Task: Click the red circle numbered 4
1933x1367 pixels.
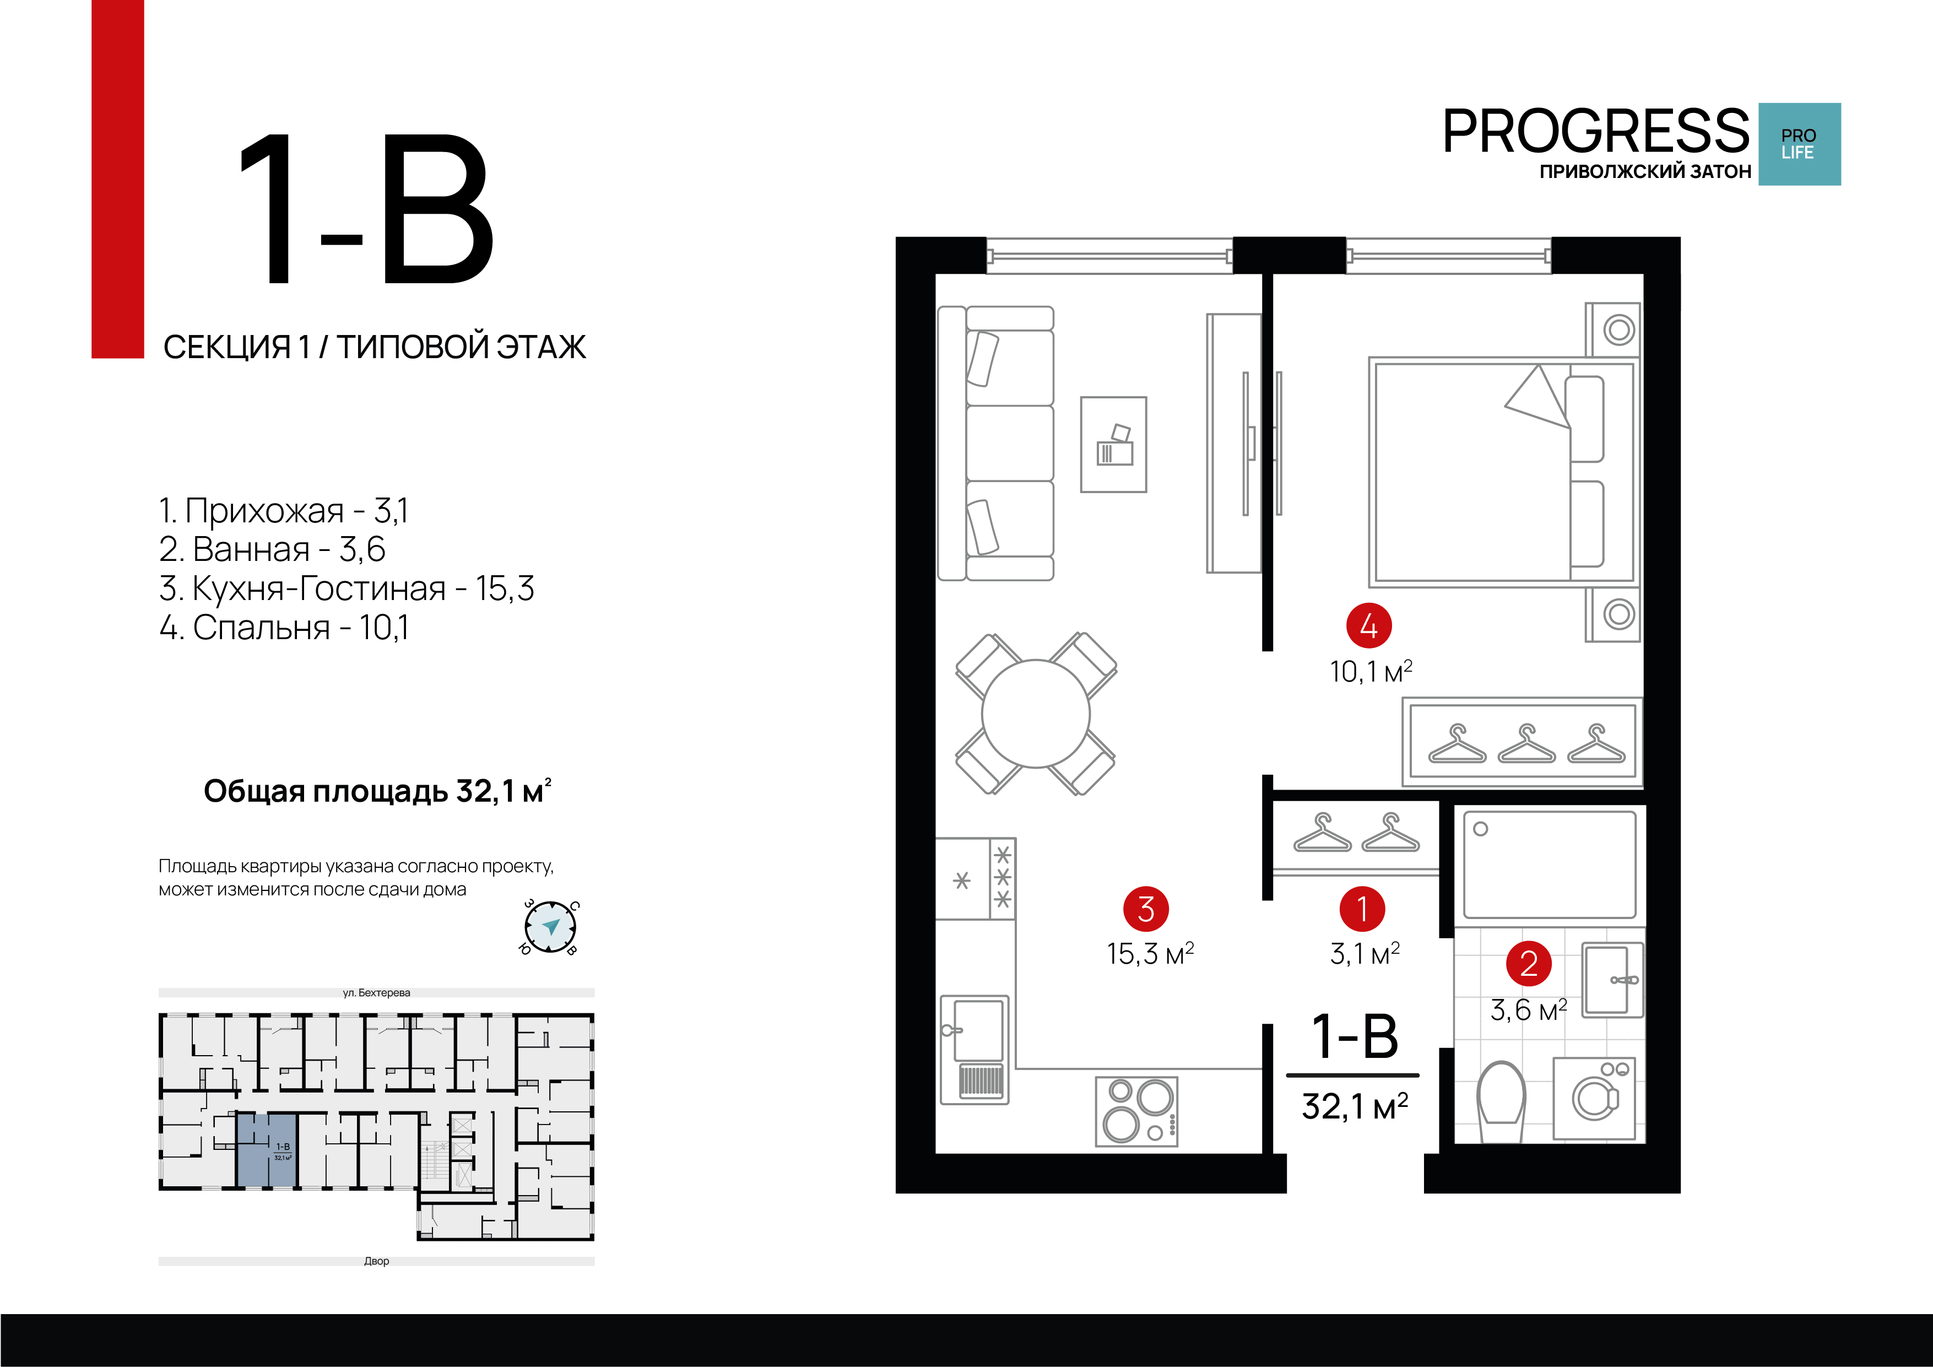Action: tap(1368, 626)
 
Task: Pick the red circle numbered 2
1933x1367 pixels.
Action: tap(1528, 964)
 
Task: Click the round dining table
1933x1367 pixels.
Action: tap(1036, 714)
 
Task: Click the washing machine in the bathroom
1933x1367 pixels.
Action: tap(1594, 1098)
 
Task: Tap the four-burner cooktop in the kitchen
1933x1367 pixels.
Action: tap(1136, 1111)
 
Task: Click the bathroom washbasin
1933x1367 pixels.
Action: tap(1612, 980)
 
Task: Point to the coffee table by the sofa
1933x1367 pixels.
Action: tap(1113, 445)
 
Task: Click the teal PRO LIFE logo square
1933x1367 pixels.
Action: tap(1799, 144)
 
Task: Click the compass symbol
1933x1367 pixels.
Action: tap(550, 927)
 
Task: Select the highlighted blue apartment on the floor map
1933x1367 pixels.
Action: tap(267, 1150)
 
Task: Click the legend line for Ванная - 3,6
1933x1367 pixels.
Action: tap(272, 549)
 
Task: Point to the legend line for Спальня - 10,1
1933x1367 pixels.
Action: tap(284, 628)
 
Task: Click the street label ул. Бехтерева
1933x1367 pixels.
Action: tap(376, 992)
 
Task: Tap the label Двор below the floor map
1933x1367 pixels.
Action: tap(376, 1261)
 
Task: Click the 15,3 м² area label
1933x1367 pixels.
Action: tap(1150, 953)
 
